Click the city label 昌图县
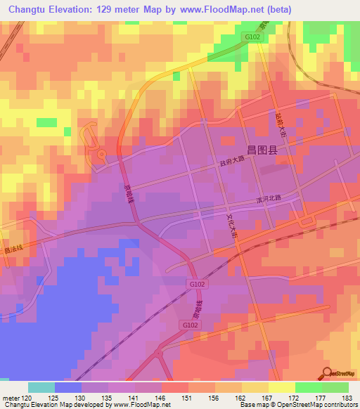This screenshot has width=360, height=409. pyautogui.click(x=262, y=149)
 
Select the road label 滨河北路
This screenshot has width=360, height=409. pyautogui.click(x=268, y=199)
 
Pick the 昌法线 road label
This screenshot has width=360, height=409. pyautogui.click(x=13, y=249)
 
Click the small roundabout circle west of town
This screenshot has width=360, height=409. pyautogui.click(x=101, y=154)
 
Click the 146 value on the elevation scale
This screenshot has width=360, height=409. pyautogui.click(x=162, y=398)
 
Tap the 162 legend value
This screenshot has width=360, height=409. pyautogui.click(x=241, y=398)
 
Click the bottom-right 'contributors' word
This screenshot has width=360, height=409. pyautogui.click(x=342, y=405)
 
